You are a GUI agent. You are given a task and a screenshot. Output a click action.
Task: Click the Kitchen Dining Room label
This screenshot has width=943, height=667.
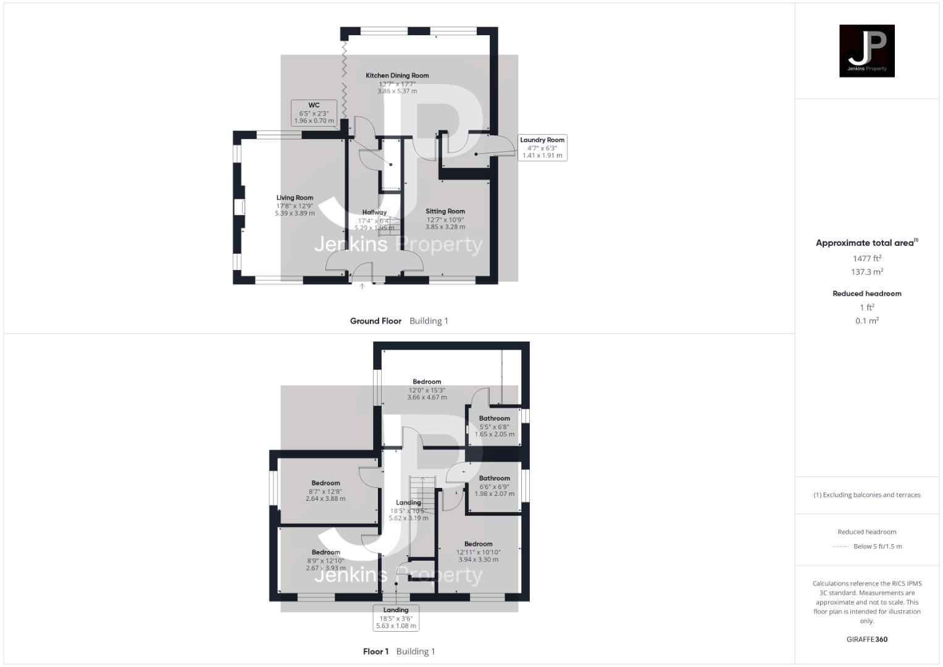(397, 76)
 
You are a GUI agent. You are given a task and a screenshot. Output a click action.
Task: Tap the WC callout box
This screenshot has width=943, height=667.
(314, 113)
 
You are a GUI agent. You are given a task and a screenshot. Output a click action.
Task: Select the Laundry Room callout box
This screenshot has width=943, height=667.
(542, 148)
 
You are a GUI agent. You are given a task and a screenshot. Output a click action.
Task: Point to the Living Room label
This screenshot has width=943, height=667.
(295, 198)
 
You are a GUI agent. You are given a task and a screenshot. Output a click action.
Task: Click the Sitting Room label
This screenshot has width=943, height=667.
(445, 212)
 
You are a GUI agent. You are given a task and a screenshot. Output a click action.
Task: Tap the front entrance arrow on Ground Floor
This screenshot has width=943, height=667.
(363, 286)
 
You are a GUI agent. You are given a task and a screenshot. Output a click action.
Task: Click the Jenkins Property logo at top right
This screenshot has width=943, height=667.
(866, 51)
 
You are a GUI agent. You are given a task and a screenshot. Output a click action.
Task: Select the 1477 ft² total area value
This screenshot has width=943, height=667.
(866, 259)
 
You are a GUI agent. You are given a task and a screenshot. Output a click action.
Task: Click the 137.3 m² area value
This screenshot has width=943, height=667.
(866, 272)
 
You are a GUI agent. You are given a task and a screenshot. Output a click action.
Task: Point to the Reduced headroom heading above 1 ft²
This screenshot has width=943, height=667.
(866, 294)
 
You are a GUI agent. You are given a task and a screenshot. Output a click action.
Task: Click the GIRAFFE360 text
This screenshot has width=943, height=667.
(866, 640)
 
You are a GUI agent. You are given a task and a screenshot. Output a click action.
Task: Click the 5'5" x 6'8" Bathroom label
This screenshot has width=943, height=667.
(494, 419)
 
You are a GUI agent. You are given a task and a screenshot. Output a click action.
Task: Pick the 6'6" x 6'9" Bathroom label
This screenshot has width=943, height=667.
(494, 479)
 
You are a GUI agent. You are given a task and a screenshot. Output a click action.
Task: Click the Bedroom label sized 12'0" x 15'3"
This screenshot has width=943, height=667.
(427, 382)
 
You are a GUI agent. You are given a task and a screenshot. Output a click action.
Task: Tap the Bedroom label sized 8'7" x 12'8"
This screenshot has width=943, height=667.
(325, 484)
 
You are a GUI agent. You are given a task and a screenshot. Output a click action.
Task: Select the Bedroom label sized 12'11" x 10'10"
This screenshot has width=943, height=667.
(478, 545)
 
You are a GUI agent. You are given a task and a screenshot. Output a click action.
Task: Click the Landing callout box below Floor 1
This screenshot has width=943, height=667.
(396, 618)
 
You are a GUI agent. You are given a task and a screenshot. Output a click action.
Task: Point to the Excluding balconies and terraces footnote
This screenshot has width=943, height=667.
(866, 495)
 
